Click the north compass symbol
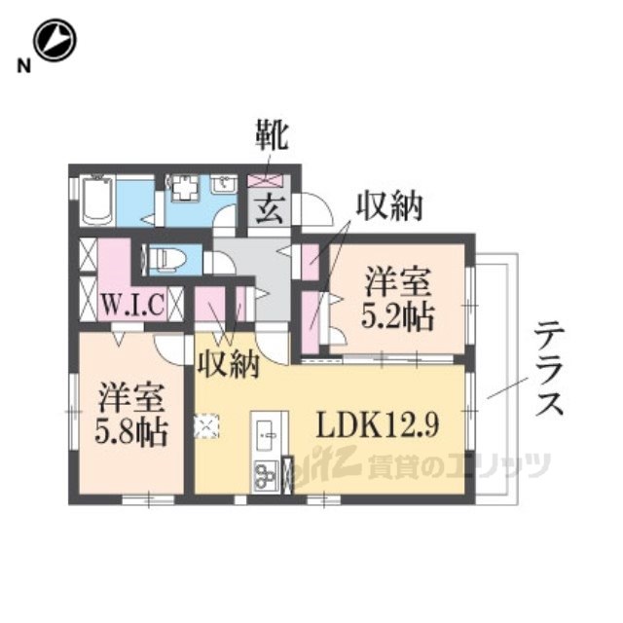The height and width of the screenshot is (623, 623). point(55,40)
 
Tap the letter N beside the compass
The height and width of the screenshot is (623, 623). point(23,65)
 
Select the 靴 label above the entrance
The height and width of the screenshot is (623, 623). point(272,135)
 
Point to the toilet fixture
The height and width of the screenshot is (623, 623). point(166,260)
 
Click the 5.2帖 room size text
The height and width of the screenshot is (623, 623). point(396,317)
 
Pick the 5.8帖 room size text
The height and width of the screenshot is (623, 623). point(130,432)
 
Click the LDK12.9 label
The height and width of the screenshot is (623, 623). point(378,425)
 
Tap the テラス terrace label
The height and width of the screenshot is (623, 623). point(549,369)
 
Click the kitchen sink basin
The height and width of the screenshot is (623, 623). point(267,434)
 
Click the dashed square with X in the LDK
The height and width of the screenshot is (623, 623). point(206,426)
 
